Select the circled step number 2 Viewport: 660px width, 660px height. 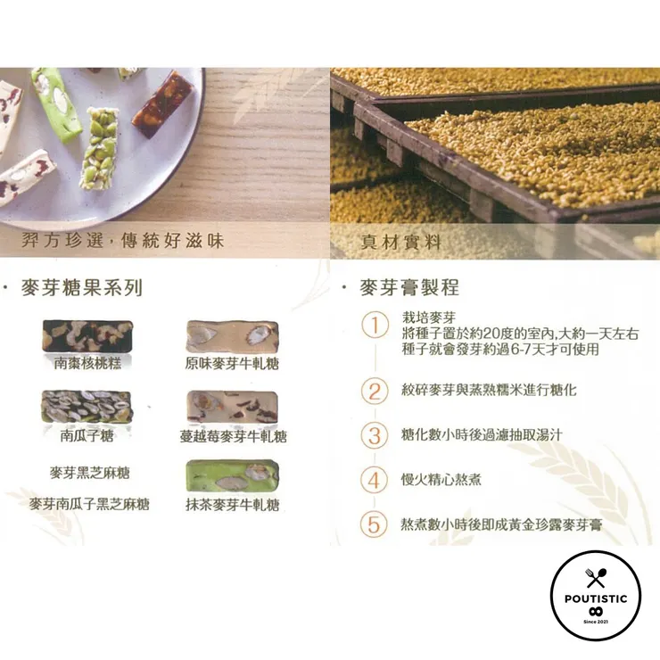(x=375, y=391)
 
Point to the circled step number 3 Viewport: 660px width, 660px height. (x=375, y=435)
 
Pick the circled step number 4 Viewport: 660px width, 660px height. (x=375, y=479)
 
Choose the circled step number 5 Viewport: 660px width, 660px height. (x=375, y=524)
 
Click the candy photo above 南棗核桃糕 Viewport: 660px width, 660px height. (x=87, y=335)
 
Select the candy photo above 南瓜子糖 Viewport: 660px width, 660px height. (x=87, y=406)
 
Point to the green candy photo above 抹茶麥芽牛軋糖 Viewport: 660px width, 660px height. (x=232, y=476)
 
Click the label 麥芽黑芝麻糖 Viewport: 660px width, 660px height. (x=89, y=473)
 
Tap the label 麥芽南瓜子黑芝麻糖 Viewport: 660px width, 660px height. (x=89, y=505)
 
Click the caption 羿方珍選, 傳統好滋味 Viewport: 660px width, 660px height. (x=123, y=241)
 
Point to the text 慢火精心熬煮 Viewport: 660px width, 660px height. (x=441, y=480)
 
